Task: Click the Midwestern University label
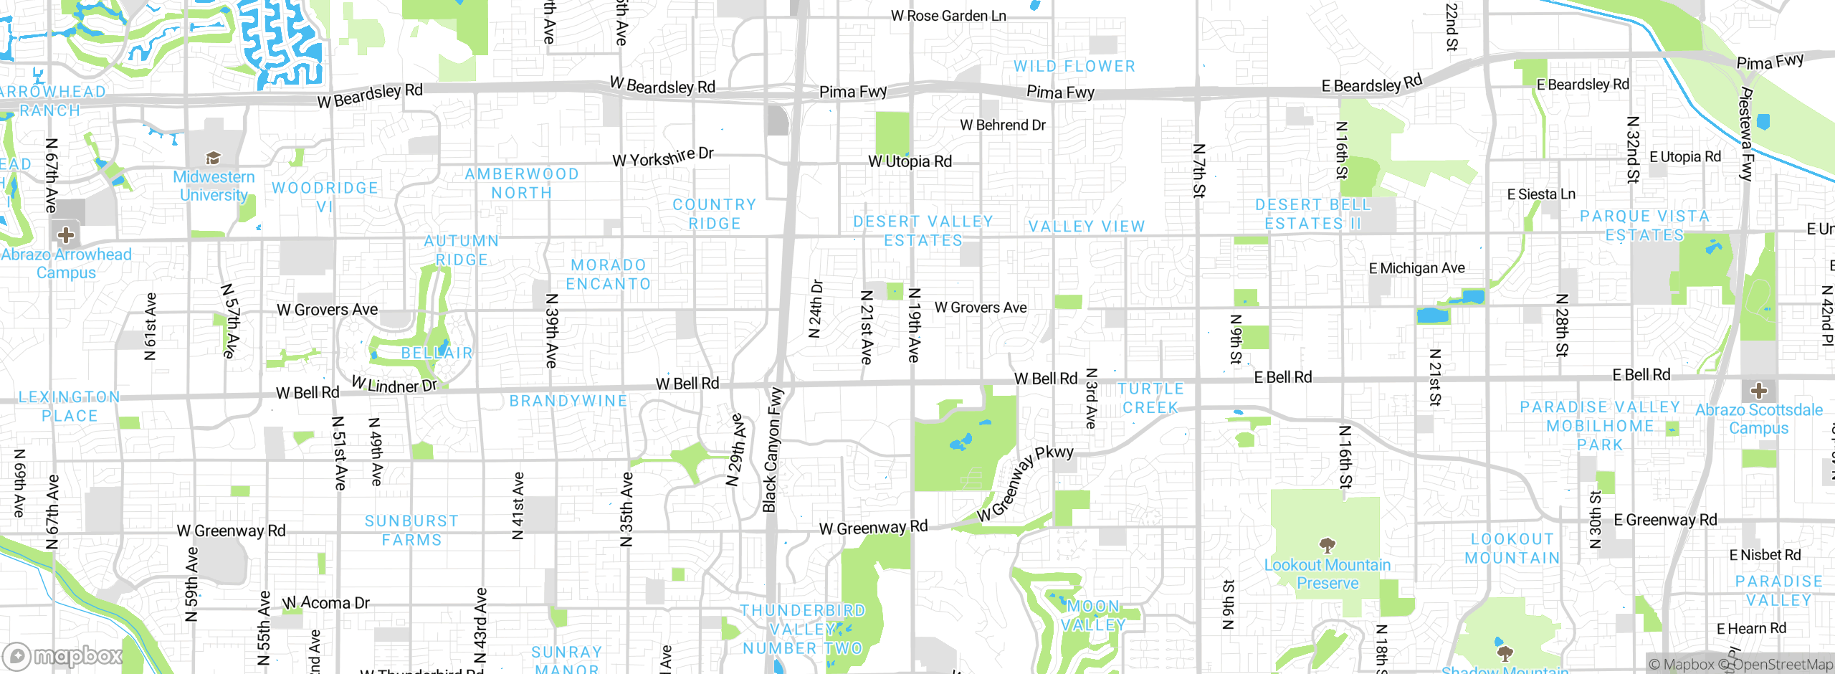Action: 214,186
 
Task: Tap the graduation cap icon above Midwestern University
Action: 213,158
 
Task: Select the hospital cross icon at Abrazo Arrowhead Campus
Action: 66,234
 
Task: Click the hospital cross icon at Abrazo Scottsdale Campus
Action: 1758,391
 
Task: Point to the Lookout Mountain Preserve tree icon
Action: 1327,546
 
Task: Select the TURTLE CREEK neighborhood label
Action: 1150,398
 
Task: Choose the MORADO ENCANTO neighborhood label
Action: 609,275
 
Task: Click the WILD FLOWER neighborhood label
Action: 1074,66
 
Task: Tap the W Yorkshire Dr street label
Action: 663,157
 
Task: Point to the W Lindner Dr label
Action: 394,385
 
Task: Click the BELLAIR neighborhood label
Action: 437,353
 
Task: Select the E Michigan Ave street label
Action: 1416,268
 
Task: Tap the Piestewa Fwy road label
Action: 1747,134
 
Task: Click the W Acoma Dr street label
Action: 326,603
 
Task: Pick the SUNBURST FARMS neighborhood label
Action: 411,531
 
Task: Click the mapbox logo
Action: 63,655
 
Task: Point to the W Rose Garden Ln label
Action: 948,16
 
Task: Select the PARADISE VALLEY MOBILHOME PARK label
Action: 1600,426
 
